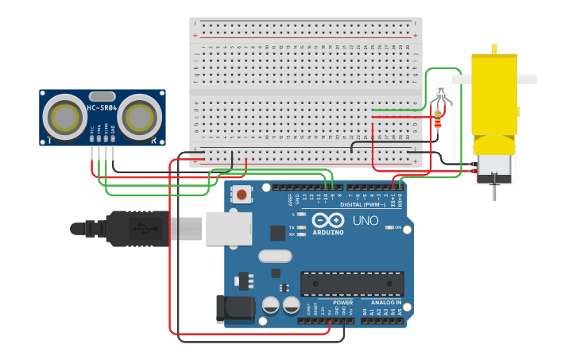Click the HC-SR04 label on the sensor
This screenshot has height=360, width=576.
pos(102,107)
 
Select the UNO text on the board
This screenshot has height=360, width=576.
pos(365,221)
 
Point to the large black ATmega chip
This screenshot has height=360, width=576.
pos(351,284)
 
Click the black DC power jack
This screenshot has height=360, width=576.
pos(234,309)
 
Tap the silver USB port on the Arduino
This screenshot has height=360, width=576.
pos(229,228)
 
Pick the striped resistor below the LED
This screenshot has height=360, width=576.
pos(438,119)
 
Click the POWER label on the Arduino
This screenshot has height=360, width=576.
pos(342,302)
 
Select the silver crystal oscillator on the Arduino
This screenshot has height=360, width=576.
pos(275,256)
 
